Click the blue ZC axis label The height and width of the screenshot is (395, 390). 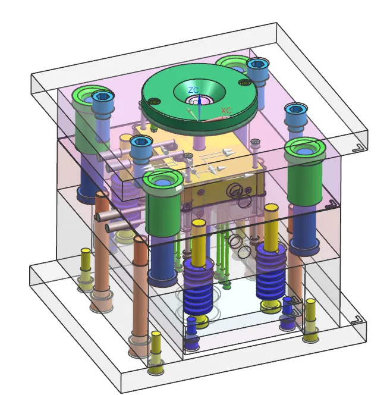(193, 90)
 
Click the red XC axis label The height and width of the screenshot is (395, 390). (226, 110)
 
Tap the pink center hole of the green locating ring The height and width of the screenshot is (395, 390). (199, 101)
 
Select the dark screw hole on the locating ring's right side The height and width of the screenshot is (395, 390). (244, 82)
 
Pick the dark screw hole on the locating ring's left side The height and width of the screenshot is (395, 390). (154, 102)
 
